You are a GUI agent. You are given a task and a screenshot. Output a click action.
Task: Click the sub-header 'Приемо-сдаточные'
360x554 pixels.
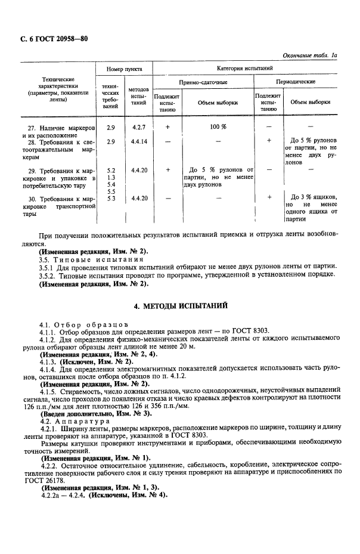point(203,82)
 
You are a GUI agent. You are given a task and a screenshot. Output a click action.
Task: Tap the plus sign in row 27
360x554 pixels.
point(167,128)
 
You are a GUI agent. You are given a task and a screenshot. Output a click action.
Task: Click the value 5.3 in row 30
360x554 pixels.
point(110,198)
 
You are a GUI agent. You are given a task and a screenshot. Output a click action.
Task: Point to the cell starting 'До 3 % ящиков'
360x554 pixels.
point(314,197)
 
